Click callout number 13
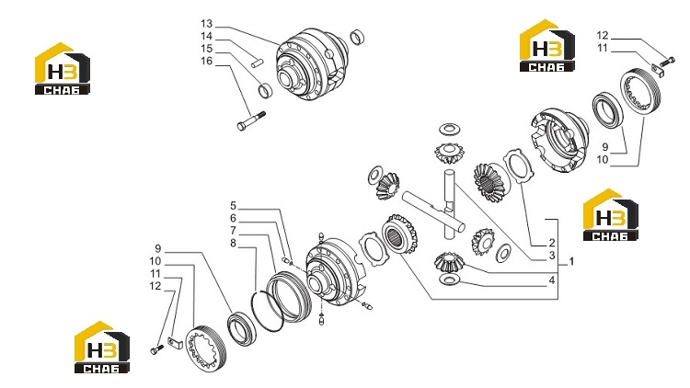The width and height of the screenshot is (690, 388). tap(206, 24)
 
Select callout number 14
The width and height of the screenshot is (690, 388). tap(206, 36)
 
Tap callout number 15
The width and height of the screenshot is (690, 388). tap(206, 49)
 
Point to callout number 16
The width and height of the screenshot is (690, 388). tap(206, 62)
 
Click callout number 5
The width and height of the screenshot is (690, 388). tap(234, 206)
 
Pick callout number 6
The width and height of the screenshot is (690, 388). tap(234, 218)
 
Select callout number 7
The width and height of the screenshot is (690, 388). tap(234, 231)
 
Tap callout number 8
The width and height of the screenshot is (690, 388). tap(234, 244)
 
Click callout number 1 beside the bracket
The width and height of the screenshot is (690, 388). tap(571, 262)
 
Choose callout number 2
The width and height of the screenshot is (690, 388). tap(552, 243)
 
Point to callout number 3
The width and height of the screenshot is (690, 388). tap(552, 256)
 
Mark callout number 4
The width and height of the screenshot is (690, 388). tap(552, 280)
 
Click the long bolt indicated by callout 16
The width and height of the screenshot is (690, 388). tap(251, 121)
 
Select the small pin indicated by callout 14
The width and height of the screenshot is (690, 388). tap(258, 63)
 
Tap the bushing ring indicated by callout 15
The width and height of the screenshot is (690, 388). tap(265, 90)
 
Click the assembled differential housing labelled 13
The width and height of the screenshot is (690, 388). tap(312, 64)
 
